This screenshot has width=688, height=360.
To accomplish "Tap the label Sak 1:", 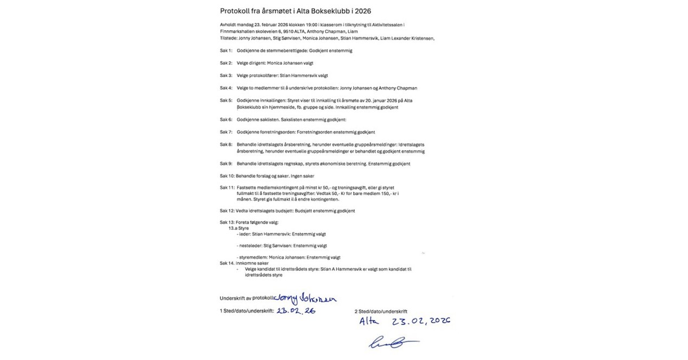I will click(x=226, y=50).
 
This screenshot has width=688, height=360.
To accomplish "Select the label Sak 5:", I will click(x=226, y=100).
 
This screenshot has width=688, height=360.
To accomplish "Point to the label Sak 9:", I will click(x=226, y=163).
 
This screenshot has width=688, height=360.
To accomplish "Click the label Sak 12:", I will click(x=227, y=211).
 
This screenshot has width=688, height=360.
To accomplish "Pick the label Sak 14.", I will click(x=227, y=263).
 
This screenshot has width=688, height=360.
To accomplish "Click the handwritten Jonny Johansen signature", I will click(x=306, y=298).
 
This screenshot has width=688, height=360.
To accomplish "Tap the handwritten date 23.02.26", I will click(x=296, y=311).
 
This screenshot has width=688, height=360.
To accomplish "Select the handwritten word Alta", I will click(x=371, y=322).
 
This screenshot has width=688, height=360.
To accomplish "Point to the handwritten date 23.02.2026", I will click(x=422, y=321).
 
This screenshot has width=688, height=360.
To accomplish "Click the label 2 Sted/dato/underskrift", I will click(x=381, y=311).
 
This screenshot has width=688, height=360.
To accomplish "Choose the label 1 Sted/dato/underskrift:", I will click(x=246, y=311).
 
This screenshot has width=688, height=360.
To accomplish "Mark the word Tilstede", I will click(x=229, y=38).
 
